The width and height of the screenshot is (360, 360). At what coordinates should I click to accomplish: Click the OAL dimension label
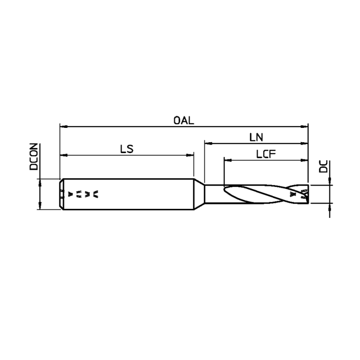point(183,120)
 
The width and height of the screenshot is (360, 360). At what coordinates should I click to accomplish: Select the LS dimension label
point(127,149)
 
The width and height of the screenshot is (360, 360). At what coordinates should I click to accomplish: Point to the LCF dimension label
point(265,154)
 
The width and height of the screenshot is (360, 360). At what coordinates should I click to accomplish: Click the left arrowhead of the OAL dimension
point(63,127)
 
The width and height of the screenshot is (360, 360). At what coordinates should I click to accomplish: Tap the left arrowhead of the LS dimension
point(63,155)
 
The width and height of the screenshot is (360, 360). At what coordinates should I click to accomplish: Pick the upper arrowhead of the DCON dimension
point(40,182)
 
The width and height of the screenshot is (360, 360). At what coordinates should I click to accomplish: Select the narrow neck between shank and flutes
point(214,194)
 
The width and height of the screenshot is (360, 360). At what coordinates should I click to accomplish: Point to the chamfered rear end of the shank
point(61,194)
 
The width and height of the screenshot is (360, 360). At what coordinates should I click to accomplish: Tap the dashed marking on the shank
point(83,194)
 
